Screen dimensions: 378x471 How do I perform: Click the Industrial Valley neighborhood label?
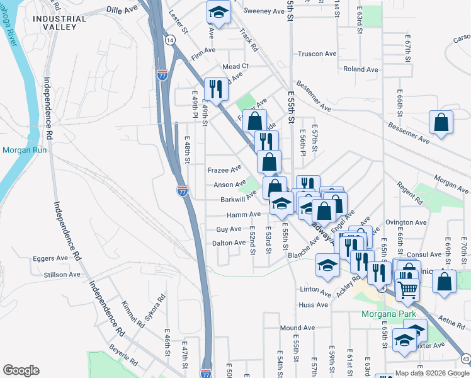[x=59, y=23]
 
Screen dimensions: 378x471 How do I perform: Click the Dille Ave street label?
[x=122, y=10]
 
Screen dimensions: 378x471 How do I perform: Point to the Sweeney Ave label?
[x=264, y=11]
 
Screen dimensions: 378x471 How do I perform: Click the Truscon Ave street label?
[x=319, y=54]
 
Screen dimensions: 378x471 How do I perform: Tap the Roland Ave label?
[x=360, y=69]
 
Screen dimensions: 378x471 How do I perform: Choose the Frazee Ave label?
[x=225, y=169]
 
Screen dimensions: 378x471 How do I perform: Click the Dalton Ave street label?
[x=229, y=243]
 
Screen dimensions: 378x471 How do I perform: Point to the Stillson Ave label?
[x=62, y=275]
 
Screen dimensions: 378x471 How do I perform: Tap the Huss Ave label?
[x=314, y=305]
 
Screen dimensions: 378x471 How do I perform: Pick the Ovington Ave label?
[x=406, y=222]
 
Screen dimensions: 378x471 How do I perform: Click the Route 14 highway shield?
[x=170, y=40]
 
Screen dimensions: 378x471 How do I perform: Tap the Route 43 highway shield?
[x=465, y=358]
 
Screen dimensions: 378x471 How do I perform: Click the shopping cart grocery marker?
[x=408, y=289]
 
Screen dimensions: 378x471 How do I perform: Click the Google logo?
[x=21, y=370]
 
